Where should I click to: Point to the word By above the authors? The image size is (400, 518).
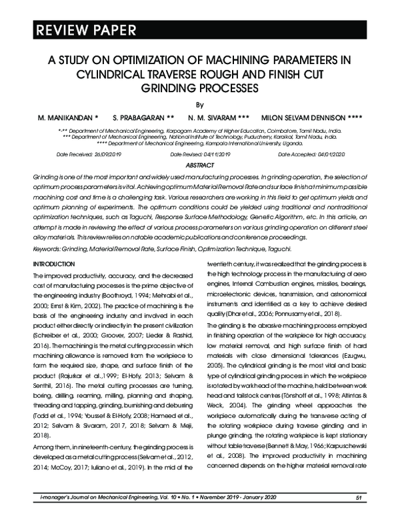tap(199, 104)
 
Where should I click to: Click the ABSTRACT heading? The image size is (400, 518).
tap(199, 164)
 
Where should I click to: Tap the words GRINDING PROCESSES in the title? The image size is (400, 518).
tap(199, 87)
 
